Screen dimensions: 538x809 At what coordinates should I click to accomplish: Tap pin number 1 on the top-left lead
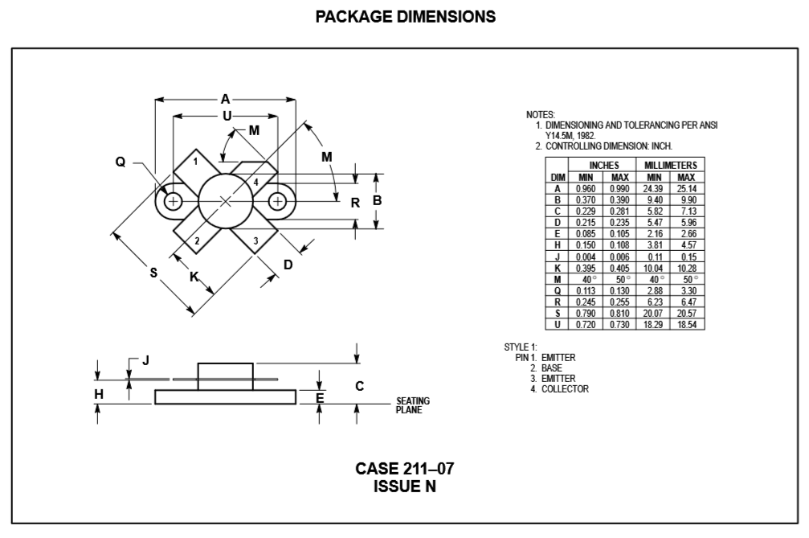coord(195,161)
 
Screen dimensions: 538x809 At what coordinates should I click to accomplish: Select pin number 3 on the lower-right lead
coord(255,240)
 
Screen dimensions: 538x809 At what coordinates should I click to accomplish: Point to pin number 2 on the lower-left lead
coord(196,240)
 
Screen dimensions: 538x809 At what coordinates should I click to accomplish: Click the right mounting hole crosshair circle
coord(276,201)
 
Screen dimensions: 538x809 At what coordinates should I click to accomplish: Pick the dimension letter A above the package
coord(226,99)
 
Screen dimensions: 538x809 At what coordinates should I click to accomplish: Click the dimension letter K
coord(194,277)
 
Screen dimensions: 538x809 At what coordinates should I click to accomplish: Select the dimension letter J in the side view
coord(145,360)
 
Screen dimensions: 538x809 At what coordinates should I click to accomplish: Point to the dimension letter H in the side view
coord(99,394)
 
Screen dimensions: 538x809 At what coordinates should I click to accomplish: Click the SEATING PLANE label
coord(413,405)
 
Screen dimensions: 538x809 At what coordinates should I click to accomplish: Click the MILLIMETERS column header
coord(670,165)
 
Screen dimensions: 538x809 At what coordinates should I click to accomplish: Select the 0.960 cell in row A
coord(586,187)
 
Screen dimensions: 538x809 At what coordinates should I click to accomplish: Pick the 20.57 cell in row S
coord(686,313)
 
